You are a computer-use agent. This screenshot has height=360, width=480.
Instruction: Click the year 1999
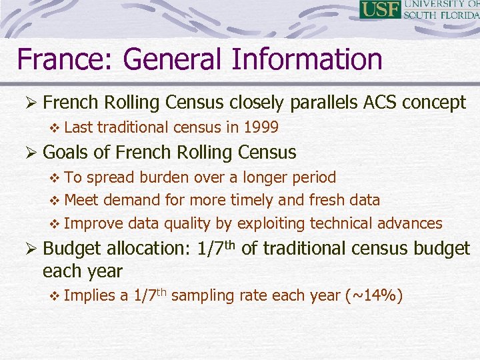tap(261, 127)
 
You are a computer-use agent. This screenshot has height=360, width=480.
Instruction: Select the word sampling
tap(200, 295)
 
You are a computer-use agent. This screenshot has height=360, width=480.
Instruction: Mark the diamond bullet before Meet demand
tap(55, 201)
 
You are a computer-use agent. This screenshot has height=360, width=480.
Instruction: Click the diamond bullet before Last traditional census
tap(55, 127)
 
